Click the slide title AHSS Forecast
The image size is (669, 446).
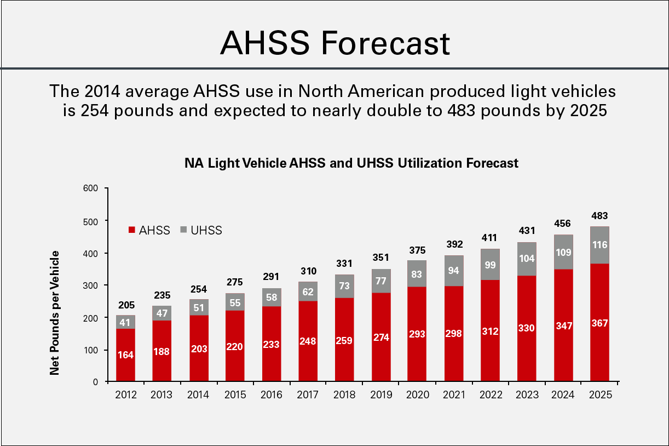pyautogui.click(x=334, y=43)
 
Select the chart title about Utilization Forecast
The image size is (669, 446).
pyautogui.click(x=351, y=163)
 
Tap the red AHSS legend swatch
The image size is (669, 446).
pyautogui.click(x=131, y=231)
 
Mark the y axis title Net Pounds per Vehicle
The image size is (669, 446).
pyautogui.click(x=55, y=313)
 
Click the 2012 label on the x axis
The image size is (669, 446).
pyautogui.click(x=125, y=394)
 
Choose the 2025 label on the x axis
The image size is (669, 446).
pyautogui.click(x=599, y=394)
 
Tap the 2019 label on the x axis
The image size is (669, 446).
pyautogui.click(x=381, y=394)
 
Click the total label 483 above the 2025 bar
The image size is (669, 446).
pyautogui.click(x=599, y=216)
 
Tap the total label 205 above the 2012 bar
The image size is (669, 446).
pyautogui.click(x=125, y=305)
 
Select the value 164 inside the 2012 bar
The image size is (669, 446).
pyautogui.click(x=125, y=354)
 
